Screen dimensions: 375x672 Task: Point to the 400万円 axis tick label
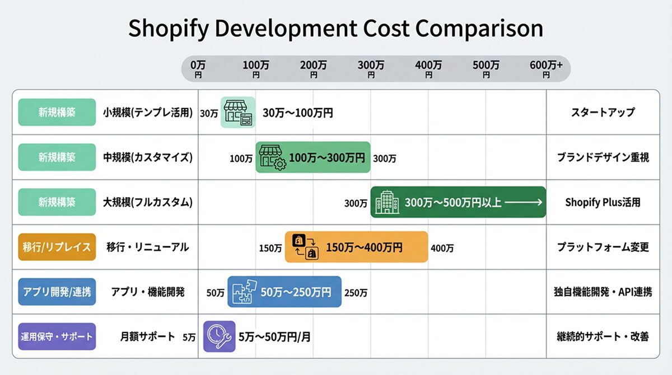(x=428, y=69)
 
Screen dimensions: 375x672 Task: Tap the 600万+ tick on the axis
(x=546, y=69)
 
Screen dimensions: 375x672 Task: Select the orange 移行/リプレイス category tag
(x=57, y=247)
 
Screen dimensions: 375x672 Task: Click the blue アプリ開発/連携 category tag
(x=57, y=292)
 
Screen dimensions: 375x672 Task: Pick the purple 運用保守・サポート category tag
(x=57, y=336)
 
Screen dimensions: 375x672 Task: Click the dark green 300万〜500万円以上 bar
(x=458, y=202)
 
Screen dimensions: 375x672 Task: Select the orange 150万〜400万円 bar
(x=356, y=247)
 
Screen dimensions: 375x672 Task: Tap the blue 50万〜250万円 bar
(x=284, y=292)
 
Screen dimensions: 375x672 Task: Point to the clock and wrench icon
(x=219, y=336)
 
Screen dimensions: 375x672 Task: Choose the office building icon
(x=386, y=202)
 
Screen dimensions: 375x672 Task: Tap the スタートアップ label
(x=603, y=112)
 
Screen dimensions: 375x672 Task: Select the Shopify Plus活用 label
(x=603, y=202)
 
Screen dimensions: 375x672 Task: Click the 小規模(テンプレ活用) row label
(x=148, y=112)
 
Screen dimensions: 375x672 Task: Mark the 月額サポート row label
(x=147, y=337)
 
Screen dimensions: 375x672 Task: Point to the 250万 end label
(x=356, y=292)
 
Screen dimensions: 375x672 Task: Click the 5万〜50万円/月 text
(x=274, y=337)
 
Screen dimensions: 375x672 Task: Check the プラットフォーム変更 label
(x=603, y=247)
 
